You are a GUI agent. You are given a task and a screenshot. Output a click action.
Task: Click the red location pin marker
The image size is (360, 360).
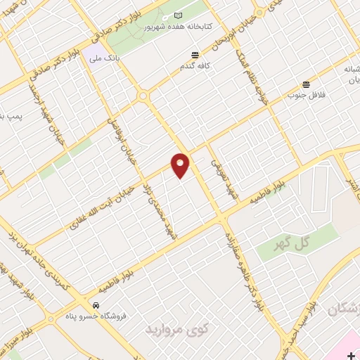(181, 165)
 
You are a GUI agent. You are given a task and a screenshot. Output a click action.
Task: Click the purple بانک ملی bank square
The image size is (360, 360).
(92, 57)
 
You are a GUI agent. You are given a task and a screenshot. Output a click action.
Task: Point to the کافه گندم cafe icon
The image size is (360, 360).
(195, 55)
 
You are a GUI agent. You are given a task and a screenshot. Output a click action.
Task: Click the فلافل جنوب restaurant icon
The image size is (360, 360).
(306, 84)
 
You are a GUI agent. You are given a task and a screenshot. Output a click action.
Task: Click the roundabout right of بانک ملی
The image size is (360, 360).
(144, 96)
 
